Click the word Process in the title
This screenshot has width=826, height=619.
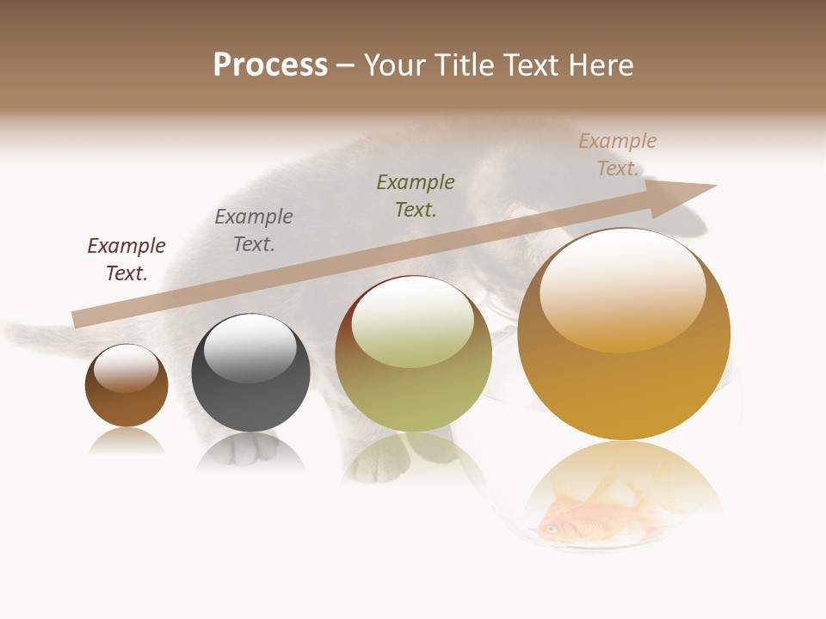tap(270, 64)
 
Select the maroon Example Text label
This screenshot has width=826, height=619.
tap(126, 260)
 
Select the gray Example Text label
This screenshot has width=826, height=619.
tap(254, 230)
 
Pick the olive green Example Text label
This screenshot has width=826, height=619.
tap(416, 196)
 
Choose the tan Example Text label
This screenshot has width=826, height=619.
tap(618, 155)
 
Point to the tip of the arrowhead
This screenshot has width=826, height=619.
tap(716, 186)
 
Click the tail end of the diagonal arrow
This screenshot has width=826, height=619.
tap(75, 320)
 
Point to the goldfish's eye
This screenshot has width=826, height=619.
tap(549, 528)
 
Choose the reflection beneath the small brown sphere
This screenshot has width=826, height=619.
tap(126, 441)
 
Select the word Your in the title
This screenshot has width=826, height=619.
tap(393, 64)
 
